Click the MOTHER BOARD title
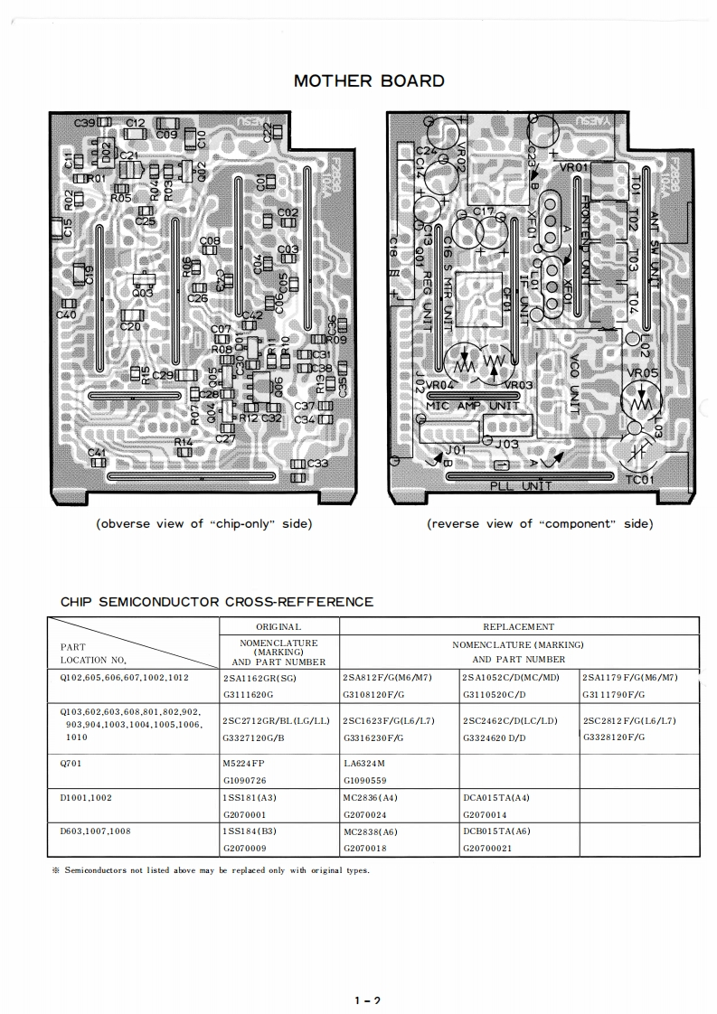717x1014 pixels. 369,80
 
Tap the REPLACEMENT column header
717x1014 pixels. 519,626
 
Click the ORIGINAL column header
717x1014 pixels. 278,626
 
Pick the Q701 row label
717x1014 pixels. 73,763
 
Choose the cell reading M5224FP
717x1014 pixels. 245,763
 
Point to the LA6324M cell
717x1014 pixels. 365,763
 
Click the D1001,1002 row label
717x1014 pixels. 87,797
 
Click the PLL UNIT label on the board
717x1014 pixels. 521,486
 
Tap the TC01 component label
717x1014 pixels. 640,479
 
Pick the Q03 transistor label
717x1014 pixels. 142,293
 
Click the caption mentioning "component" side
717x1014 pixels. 539,523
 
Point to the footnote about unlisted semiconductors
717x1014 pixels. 211,870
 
